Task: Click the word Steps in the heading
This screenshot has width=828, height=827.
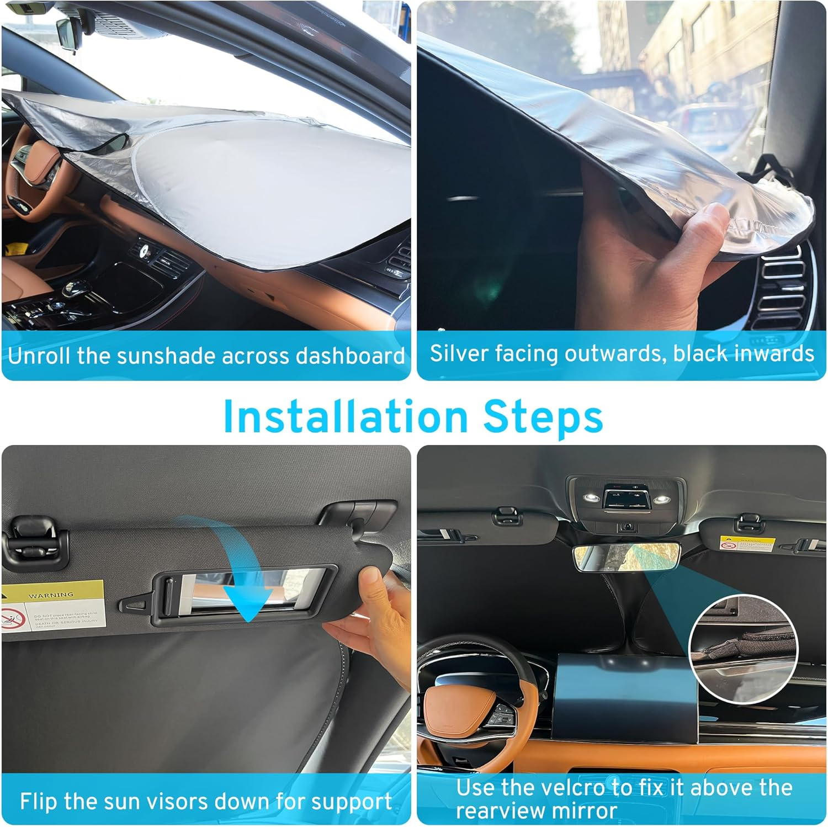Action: (543, 417)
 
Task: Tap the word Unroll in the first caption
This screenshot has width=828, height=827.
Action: (40, 356)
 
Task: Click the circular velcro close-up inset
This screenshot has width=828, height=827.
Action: (743, 649)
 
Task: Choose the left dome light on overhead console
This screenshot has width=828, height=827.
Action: (593, 497)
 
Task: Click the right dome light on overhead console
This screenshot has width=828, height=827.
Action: (663, 499)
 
